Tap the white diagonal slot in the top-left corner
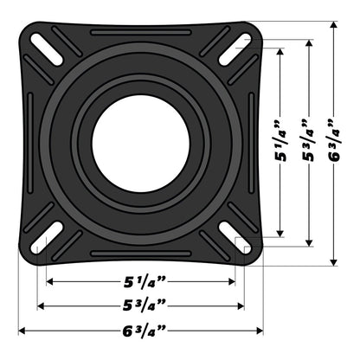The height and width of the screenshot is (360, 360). click(43, 43)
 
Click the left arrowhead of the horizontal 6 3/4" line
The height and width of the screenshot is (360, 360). click(22, 331)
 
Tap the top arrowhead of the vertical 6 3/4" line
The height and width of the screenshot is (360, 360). click(332, 24)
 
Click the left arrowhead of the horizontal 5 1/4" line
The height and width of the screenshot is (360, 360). click(50, 282)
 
